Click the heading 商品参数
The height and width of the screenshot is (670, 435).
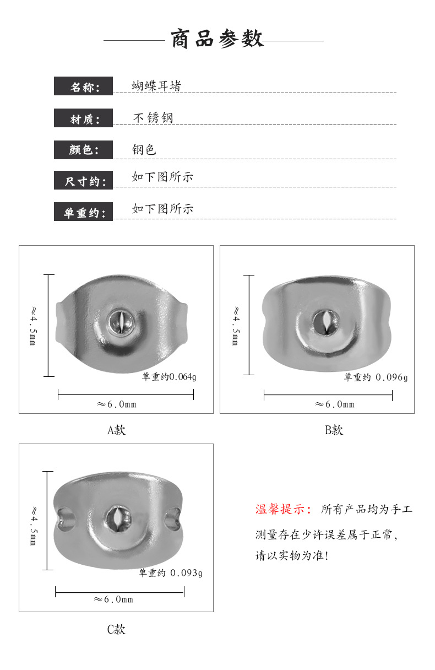pos(218,40)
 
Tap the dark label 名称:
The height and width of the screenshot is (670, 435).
pos(84,87)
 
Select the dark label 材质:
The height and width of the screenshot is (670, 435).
pos(84,118)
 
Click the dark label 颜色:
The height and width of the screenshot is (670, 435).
pos(84,150)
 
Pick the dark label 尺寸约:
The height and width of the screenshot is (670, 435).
pos(84,181)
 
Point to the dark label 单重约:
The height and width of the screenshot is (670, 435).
pos(84,212)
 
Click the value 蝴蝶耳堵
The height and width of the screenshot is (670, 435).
pos(156,86)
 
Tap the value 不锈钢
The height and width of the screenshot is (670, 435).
pos(154,118)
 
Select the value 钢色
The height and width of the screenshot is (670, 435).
pos(144,149)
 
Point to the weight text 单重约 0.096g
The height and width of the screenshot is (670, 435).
pos(376,377)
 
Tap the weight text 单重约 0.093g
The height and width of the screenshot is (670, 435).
pos(170,572)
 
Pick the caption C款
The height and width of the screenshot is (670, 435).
pos(116,629)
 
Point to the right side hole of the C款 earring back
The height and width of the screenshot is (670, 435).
pos(173,518)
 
